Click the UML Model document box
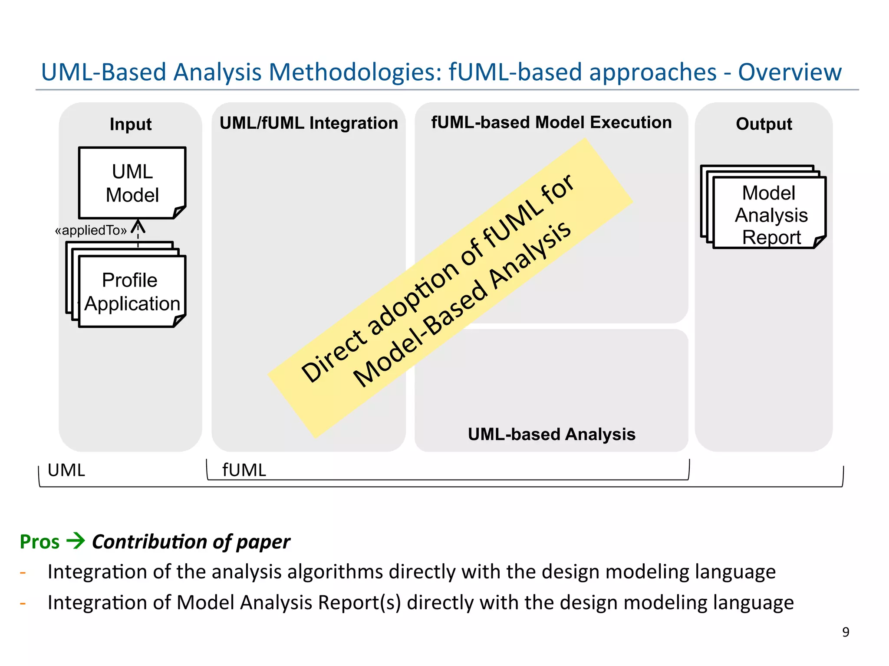coord(132,183)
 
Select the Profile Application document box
coord(132,291)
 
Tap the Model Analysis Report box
coord(769,213)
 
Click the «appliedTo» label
coord(91,230)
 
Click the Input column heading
coord(130,124)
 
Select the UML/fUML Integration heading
coord(308,123)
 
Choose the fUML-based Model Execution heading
coord(551,122)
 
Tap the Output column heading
coord(764,124)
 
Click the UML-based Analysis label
coord(551,434)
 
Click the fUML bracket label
coord(244,470)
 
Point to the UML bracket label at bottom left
coord(66,470)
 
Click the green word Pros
coord(40,542)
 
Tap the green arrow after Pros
coord(76,541)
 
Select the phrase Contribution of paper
coord(191,542)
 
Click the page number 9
coord(845,632)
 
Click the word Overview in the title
coord(790,72)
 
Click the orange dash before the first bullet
coord(23,573)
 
